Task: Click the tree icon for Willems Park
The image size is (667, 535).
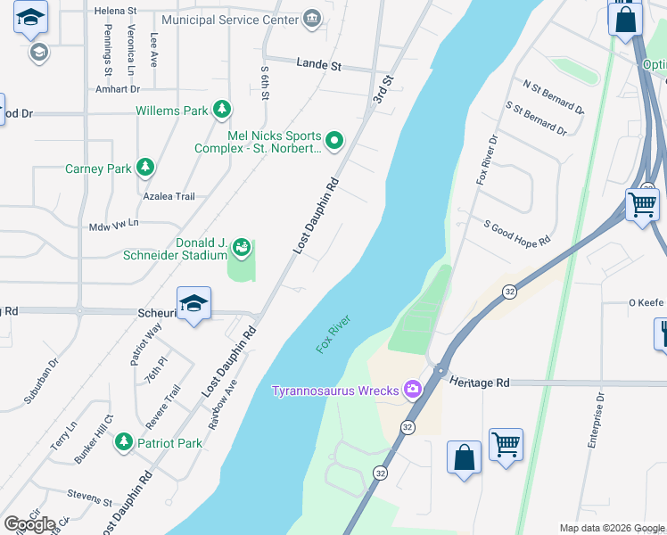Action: (x=222, y=111)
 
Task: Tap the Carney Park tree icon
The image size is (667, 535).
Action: (x=144, y=168)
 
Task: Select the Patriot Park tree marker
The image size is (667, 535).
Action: (x=124, y=442)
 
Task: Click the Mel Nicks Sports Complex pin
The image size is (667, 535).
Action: (x=334, y=139)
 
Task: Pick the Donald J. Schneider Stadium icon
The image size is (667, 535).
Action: (x=241, y=247)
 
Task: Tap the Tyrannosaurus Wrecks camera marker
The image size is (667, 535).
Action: (x=412, y=390)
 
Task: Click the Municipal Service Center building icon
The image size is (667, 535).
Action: (x=311, y=19)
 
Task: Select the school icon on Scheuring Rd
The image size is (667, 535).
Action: (x=194, y=304)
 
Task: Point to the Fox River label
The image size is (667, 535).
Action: (x=334, y=333)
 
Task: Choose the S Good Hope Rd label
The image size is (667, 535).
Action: (x=517, y=234)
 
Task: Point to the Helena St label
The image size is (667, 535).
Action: (x=116, y=11)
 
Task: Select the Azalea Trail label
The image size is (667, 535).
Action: (x=169, y=196)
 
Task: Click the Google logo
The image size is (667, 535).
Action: (x=29, y=524)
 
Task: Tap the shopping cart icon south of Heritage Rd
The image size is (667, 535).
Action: (x=506, y=444)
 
